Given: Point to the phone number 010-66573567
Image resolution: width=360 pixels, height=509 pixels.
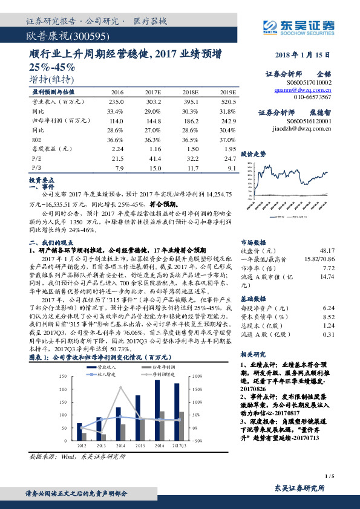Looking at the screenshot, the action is [312, 97].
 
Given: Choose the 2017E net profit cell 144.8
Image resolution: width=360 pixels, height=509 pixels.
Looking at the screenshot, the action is [154, 120].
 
